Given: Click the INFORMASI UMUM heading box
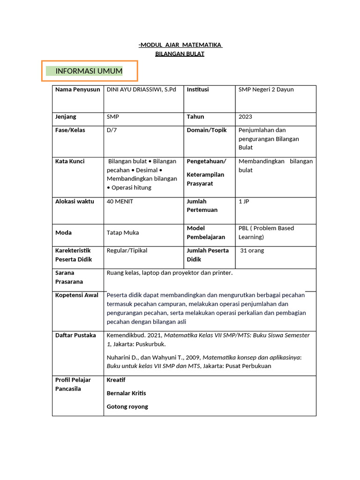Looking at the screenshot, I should click(x=89, y=71).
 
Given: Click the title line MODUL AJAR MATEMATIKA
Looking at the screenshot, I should click(x=180, y=45).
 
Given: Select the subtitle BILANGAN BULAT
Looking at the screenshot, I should click(x=180, y=54).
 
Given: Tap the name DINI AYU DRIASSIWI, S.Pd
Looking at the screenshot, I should click(x=142, y=90).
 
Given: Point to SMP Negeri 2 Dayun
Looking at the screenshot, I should click(x=266, y=90).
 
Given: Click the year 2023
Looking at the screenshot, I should click(x=245, y=117).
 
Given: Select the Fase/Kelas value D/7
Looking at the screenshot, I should click(x=112, y=130).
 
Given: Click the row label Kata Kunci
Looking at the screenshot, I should click(x=70, y=161).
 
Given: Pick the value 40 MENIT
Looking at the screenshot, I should click(x=120, y=202).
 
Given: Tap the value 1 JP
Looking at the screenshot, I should click(x=244, y=202).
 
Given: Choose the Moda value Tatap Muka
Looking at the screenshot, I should click(x=123, y=232).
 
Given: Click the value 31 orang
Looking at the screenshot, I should click(x=252, y=251).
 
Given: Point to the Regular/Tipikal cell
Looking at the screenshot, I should click(x=127, y=251).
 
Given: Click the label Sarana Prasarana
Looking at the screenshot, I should click(x=69, y=277).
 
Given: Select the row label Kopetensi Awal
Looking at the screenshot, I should click(x=77, y=295).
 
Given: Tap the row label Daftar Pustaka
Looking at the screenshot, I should click(x=75, y=336).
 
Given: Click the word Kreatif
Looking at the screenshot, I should click(x=116, y=380).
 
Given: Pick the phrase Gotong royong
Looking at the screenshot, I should click(x=127, y=407).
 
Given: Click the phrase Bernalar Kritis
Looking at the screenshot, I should click(x=126, y=393).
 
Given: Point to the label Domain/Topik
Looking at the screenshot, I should click(x=207, y=130).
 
